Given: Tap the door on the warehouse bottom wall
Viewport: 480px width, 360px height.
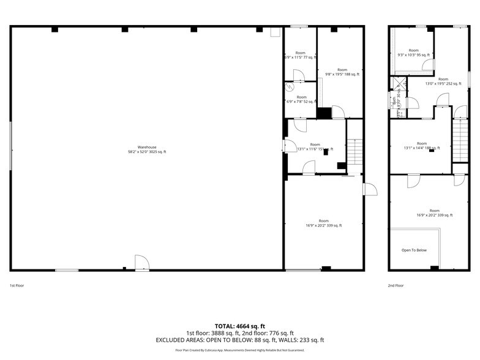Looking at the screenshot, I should pyautogui.click(x=142, y=263).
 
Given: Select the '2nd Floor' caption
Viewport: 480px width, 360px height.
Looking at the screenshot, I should pyautogui.click(x=396, y=285).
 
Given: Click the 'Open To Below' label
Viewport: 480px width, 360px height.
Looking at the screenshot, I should pyautogui.click(x=414, y=250).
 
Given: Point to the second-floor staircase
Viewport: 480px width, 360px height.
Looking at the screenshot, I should pyautogui.click(x=460, y=140).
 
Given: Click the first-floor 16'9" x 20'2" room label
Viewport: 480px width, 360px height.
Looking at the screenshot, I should pyautogui.click(x=323, y=223).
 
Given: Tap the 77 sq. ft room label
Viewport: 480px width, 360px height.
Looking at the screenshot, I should pyautogui.click(x=300, y=55).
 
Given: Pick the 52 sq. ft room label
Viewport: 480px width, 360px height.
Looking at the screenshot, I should pyautogui.click(x=301, y=99).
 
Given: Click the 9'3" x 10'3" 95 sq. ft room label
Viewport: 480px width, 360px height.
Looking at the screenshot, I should pyautogui.click(x=414, y=53).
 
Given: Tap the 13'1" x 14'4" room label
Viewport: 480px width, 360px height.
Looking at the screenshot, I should pyautogui.click(x=422, y=146).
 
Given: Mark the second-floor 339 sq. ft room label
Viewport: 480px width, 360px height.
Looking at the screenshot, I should pyautogui.click(x=434, y=213).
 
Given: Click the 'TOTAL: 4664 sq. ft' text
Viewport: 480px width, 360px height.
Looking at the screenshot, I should pyautogui.click(x=239, y=326).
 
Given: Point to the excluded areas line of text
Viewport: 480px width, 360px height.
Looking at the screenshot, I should pyautogui.click(x=239, y=340).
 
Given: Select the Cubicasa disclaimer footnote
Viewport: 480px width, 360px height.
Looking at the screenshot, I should pyautogui.click(x=239, y=350).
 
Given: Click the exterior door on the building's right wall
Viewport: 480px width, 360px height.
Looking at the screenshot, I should pyautogui.click(x=370, y=189).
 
